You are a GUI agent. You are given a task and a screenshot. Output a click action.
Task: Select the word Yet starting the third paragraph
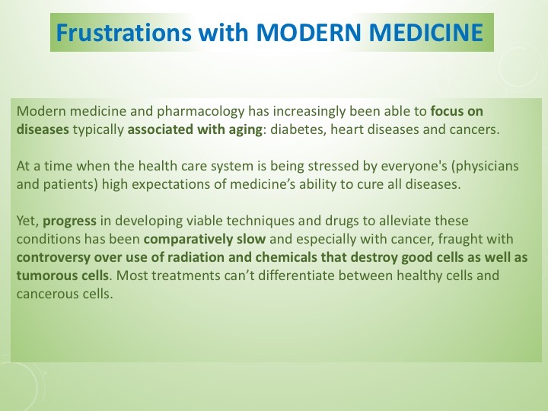pos(27,221)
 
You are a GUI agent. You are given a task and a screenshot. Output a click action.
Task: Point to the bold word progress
pos(69,221)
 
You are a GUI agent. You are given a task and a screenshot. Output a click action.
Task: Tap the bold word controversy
pos(52,257)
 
